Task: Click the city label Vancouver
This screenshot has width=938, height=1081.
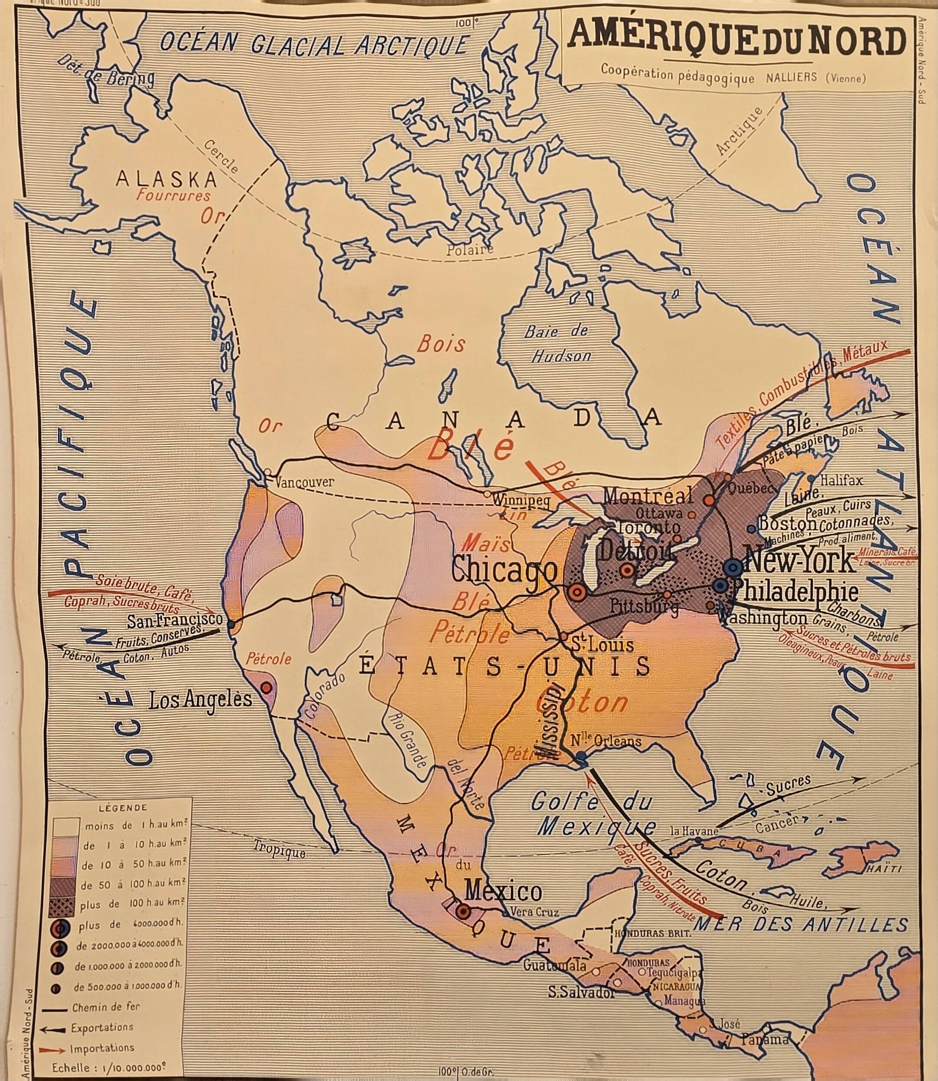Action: (x=304, y=482)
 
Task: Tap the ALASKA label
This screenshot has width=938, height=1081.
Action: (x=166, y=179)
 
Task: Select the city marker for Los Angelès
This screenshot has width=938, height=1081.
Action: (x=266, y=686)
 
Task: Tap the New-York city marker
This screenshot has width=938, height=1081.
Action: (x=733, y=567)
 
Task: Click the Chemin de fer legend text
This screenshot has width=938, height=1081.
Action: (x=106, y=1006)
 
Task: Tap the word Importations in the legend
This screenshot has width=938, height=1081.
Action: (x=102, y=1048)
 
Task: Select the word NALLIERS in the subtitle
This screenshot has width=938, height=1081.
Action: (x=791, y=78)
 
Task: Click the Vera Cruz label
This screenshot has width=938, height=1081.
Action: (x=534, y=912)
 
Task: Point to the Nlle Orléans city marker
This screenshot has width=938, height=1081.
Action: (x=581, y=757)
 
